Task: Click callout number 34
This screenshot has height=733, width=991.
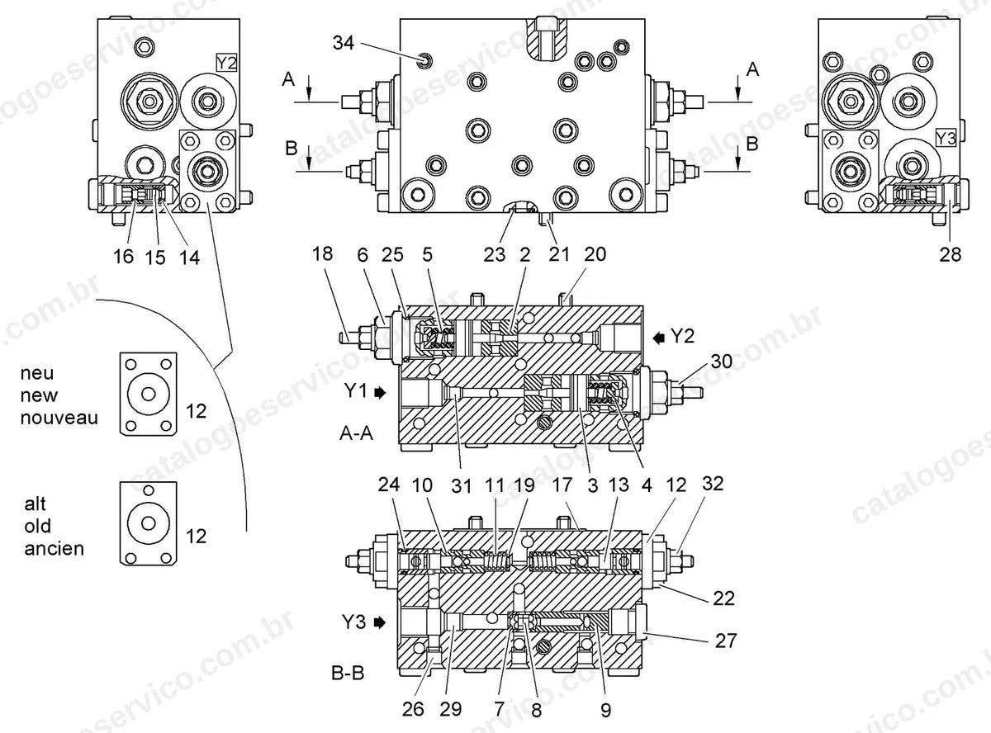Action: coord(344,43)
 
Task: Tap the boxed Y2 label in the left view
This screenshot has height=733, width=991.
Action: coord(226,64)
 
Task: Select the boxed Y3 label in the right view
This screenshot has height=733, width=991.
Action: coord(946,139)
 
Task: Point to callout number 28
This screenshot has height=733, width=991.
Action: coord(950,255)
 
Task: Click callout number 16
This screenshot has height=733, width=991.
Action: coord(123,257)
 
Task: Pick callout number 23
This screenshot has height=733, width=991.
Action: coord(494,255)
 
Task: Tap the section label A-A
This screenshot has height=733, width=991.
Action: coord(356,433)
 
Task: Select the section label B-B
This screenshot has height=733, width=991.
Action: coord(348,673)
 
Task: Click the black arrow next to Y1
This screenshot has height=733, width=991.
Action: coord(380,393)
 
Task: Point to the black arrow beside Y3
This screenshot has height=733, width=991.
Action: coord(380,622)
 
